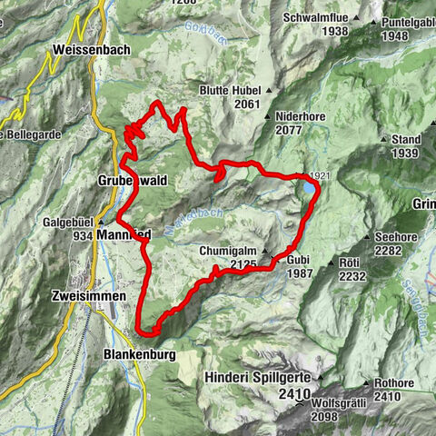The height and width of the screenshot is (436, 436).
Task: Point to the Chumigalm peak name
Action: pyautogui.click(x=228, y=250)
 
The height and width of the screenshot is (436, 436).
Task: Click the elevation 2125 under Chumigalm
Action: pyautogui.click(x=244, y=263)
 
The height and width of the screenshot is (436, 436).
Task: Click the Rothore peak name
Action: pyautogui.click(x=395, y=382)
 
